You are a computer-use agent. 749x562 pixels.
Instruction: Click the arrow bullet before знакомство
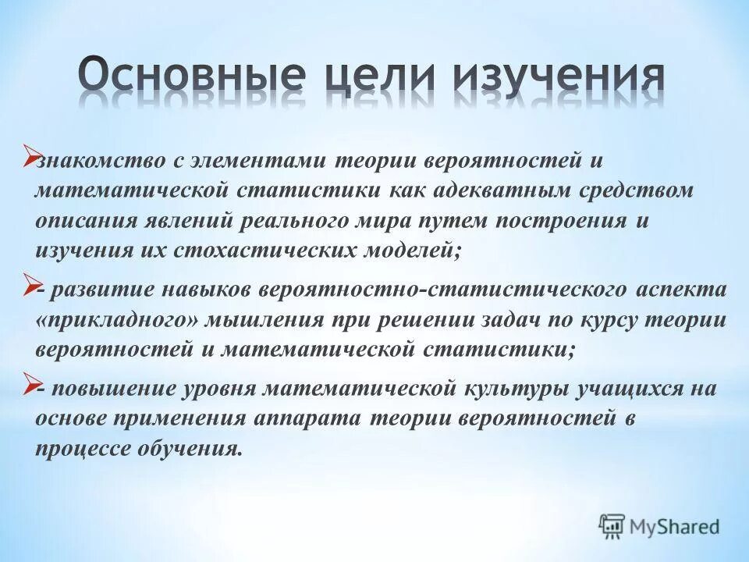pyautogui.click(x=32, y=155)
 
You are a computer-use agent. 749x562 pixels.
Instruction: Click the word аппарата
pyautogui.click(x=308, y=419)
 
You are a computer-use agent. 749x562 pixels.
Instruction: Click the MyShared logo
pyautogui.click(x=659, y=525)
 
